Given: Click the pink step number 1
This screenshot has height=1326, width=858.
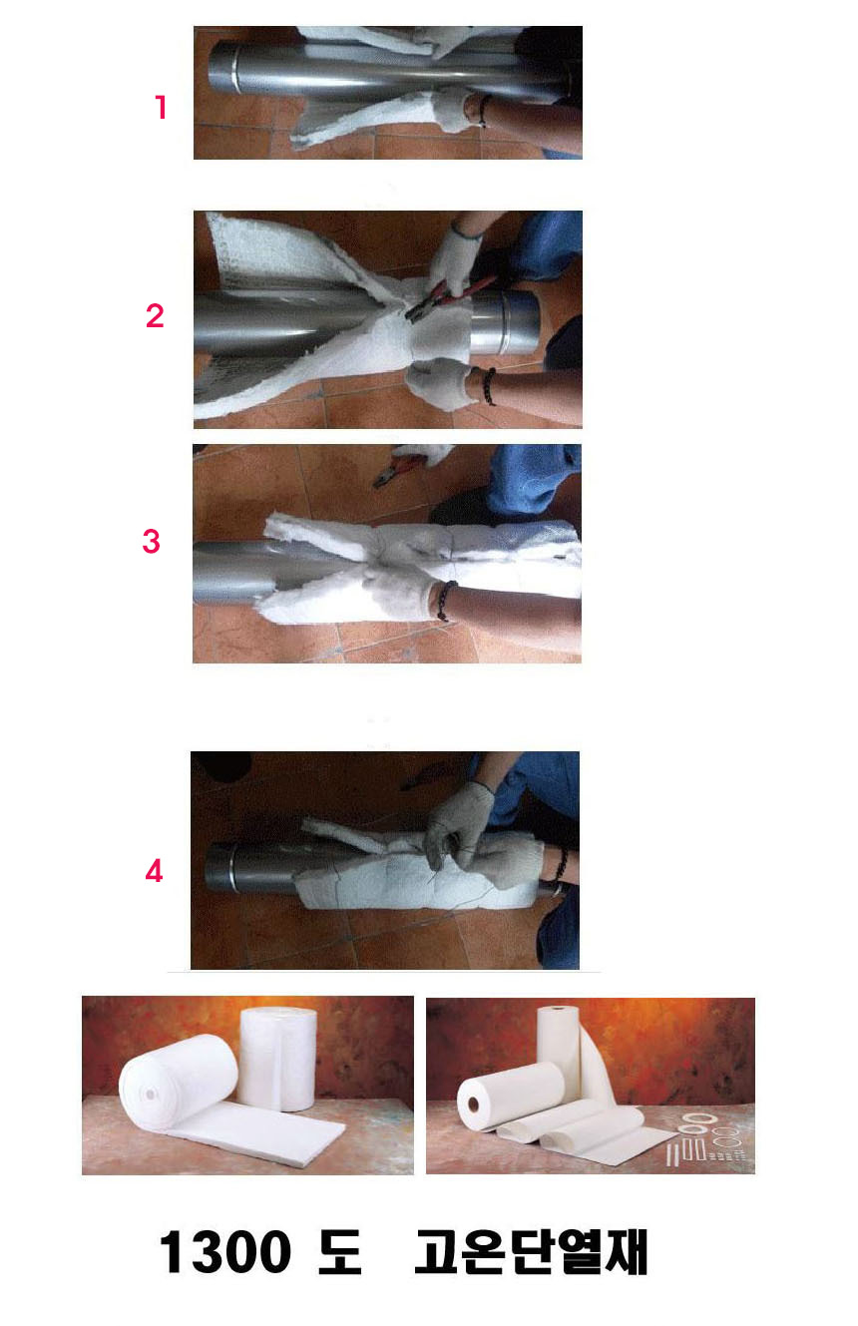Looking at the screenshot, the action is pos(161,107).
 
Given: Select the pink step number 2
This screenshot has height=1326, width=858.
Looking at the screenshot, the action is pos(155,315).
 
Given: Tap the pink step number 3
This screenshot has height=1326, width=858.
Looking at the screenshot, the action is pos(152,541).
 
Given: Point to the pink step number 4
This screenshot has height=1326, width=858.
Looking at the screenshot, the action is pos(154,871).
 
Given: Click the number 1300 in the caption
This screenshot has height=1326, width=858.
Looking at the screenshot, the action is pos(225,1251).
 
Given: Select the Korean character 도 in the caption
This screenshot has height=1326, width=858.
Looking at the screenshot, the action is pos(339,1251).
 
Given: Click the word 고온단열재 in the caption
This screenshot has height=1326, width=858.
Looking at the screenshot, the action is pos(531,1251).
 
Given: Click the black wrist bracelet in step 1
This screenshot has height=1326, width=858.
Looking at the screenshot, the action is pos(484,111).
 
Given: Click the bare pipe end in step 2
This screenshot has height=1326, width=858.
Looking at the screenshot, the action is pos(506,322).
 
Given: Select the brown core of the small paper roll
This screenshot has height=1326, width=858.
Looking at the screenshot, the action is pos(473,1105).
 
